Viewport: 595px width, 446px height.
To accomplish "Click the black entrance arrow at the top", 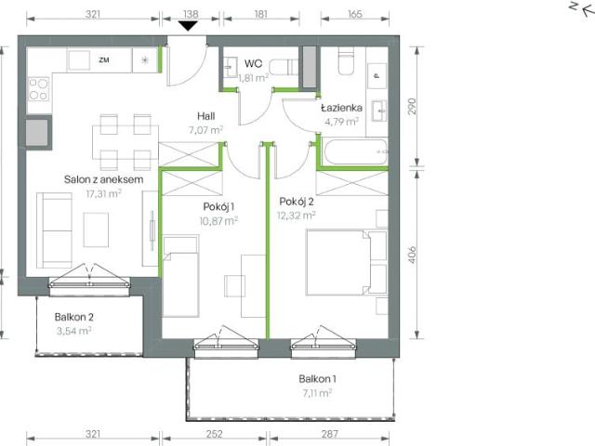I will pyautogui.click(x=189, y=25).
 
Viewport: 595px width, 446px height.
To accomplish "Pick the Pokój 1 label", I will pyautogui.click(x=218, y=207).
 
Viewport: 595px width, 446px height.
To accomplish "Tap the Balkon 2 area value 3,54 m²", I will pyautogui.click(x=73, y=330).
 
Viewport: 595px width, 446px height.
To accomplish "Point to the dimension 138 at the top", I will pyautogui.click(x=189, y=15).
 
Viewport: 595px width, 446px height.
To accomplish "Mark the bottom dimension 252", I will pyautogui.click(x=217, y=434).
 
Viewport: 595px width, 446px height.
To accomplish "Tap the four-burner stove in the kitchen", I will pyautogui.click(x=38, y=89).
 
